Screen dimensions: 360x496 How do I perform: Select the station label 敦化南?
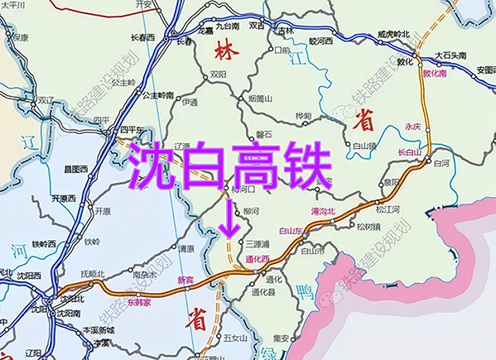tap(435, 73)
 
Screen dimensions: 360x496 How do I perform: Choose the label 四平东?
tap(132, 130)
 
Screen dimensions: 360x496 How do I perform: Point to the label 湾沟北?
tap(321, 212)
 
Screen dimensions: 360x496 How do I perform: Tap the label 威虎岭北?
tap(393, 34)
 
